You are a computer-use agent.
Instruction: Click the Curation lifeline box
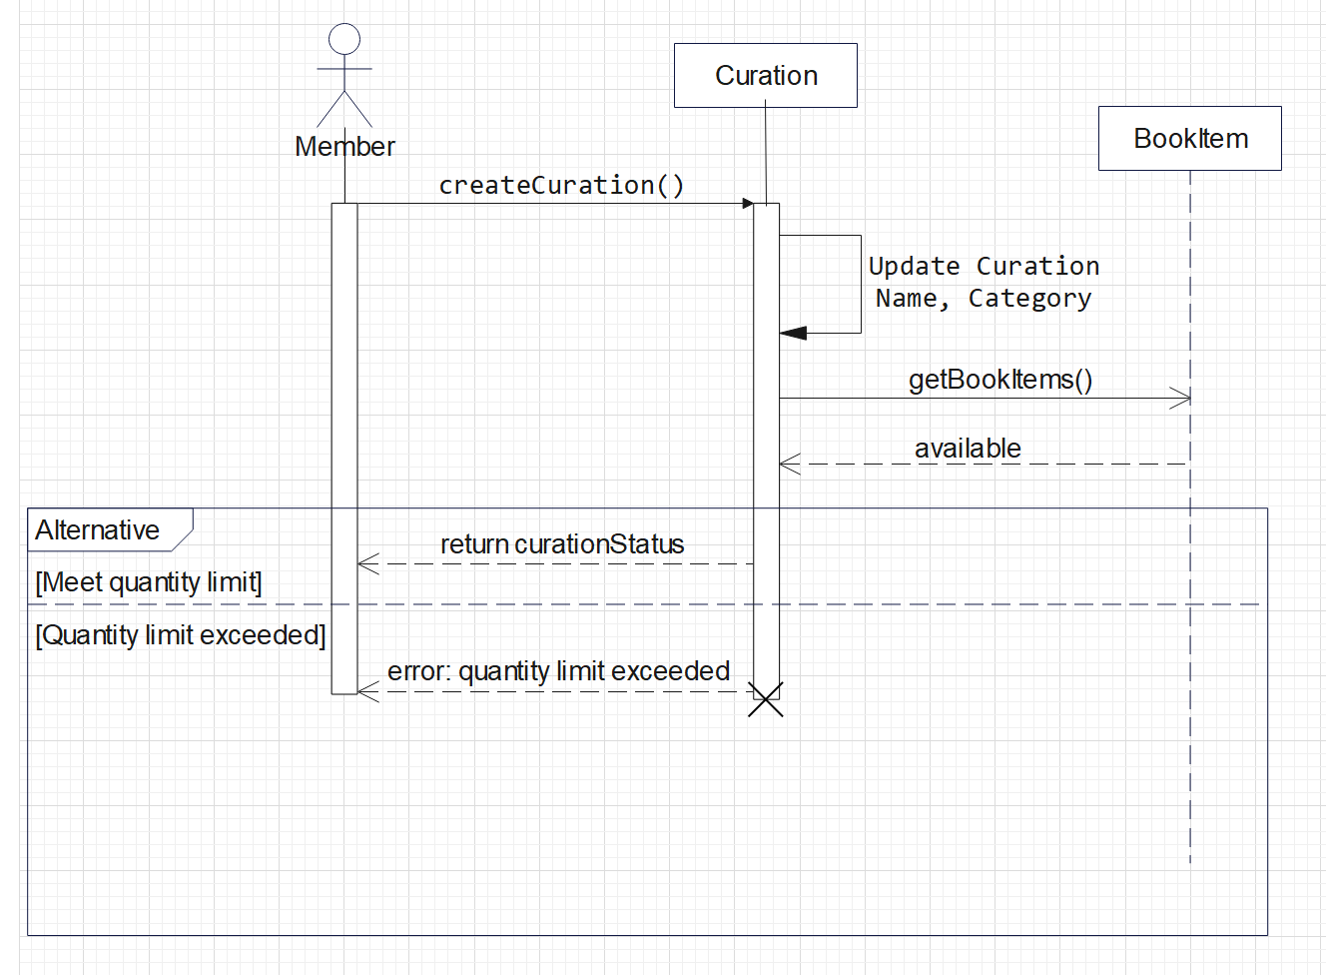click(x=765, y=76)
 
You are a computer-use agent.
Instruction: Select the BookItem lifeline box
click(x=1189, y=139)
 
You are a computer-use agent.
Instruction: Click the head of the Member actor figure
click(x=344, y=39)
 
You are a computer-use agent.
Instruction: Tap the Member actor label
click(x=344, y=147)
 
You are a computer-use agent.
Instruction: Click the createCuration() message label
click(x=561, y=185)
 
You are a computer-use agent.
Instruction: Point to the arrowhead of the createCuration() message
click(x=748, y=204)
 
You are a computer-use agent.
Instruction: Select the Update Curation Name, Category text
click(x=984, y=282)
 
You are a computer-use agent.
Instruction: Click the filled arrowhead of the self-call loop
click(x=793, y=333)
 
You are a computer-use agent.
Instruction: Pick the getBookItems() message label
click(x=999, y=380)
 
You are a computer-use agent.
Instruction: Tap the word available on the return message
click(x=968, y=449)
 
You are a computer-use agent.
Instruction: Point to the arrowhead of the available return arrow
click(x=789, y=464)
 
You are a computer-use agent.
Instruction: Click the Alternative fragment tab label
click(x=98, y=529)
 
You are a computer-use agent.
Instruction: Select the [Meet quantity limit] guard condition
click(x=149, y=582)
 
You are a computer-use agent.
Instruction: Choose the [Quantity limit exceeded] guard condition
click(x=181, y=635)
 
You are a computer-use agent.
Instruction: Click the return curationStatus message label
click(x=562, y=544)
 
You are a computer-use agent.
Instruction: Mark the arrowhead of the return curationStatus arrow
click(x=367, y=564)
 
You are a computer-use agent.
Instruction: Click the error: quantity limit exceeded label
click(x=558, y=671)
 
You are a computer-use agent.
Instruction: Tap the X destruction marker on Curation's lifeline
click(x=766, y=700)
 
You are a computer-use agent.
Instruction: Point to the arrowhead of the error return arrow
click(x=367, y=691)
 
